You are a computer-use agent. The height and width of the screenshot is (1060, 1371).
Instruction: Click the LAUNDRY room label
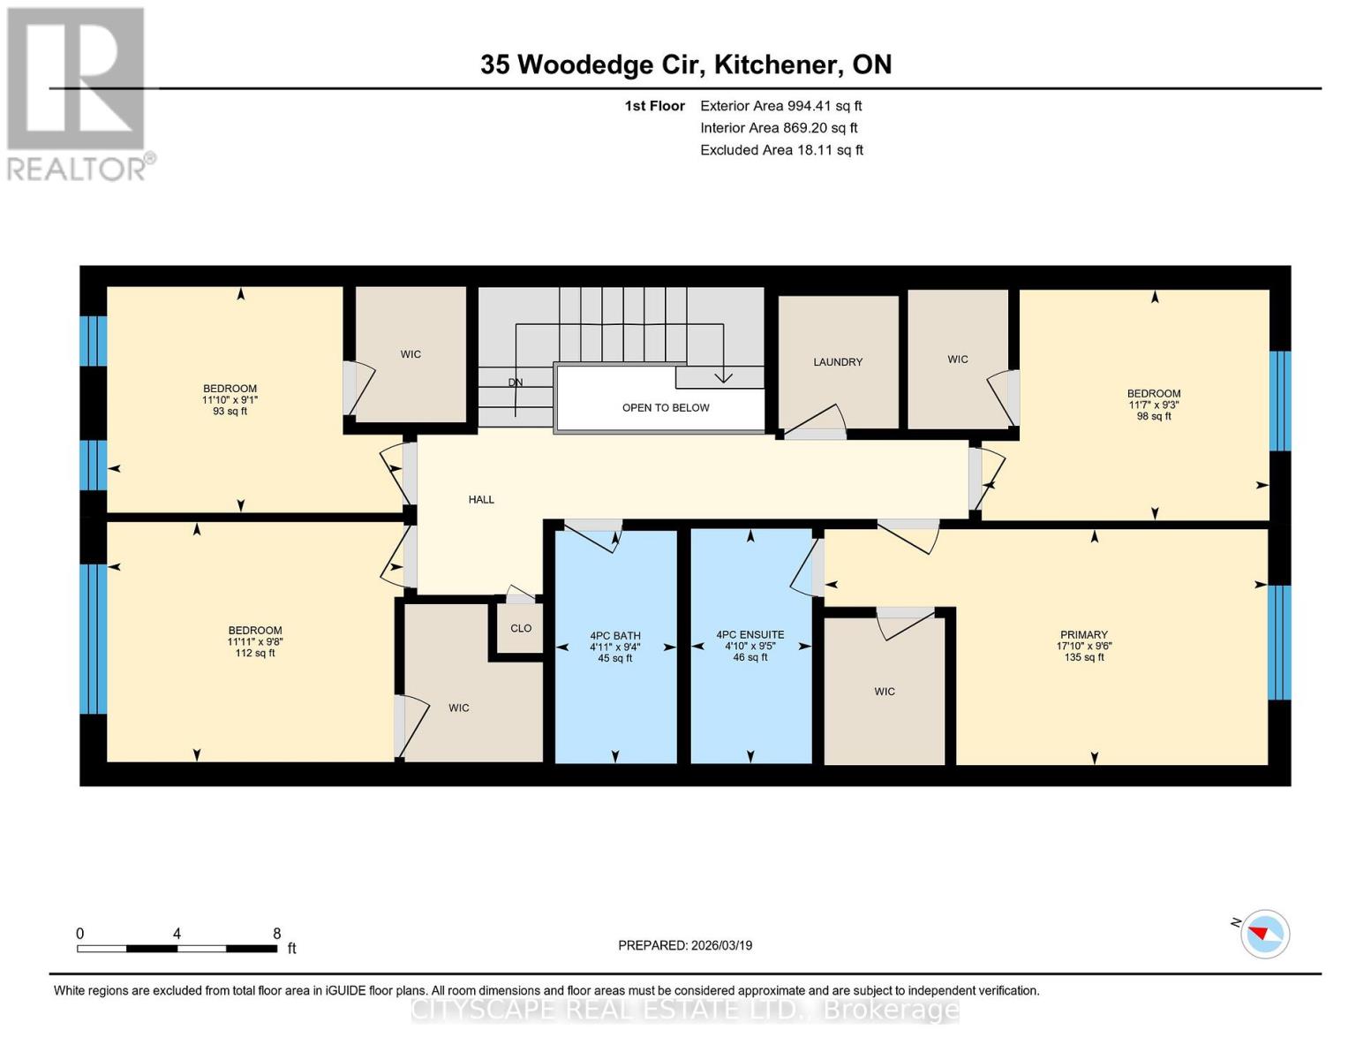(x=837, y=362)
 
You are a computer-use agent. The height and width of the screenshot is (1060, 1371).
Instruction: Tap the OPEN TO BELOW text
(x=666, y=408)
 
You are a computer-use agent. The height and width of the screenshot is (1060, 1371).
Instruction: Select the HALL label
(x=481, y=499)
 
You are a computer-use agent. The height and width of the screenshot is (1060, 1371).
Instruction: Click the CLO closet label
(x=521, y=628)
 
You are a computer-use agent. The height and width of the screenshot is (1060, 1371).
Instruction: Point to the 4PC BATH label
(x=615, y=636)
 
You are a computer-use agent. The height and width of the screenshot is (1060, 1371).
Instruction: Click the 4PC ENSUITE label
(x=750, y=634)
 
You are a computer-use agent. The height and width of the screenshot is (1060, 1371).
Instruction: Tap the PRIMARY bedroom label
(x=1084, y=634)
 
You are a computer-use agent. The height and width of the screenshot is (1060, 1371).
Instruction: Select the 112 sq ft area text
(x=255, y=653)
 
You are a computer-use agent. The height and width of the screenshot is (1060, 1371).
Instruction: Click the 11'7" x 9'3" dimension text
(x=1154, y=405)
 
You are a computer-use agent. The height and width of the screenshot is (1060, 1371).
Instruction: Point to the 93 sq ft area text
(x=230, y=411)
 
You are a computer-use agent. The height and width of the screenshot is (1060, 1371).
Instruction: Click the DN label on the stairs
(x=516, y=382)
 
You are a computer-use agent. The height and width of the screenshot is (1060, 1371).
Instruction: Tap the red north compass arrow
(x=1258, y=933)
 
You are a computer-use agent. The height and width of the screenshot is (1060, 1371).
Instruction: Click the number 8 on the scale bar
(x=276, y=933)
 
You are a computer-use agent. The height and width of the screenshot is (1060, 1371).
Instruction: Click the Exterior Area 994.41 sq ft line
(x=781, y=106)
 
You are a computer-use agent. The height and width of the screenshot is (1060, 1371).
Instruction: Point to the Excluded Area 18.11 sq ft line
(x=781, y=150)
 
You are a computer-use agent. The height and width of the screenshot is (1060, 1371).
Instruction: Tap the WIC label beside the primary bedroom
(x=885, y=692)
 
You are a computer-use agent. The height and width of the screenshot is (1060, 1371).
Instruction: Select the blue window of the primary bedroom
(x=1279, y=642)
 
